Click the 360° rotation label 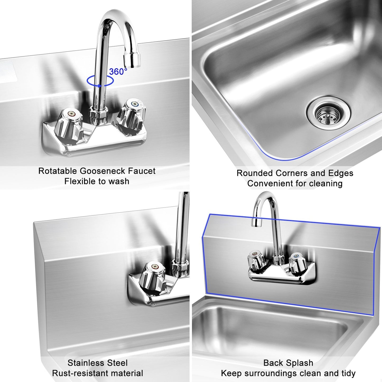pos(118,72)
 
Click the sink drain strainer pos(329,114)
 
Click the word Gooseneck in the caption pos(103,171)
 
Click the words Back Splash pos(288,363)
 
